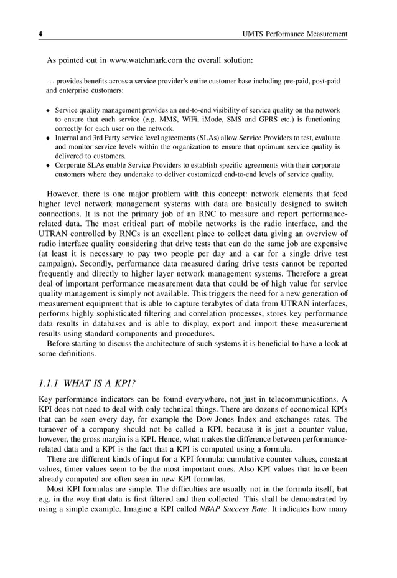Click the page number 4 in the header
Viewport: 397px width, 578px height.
(x=40, y=34)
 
